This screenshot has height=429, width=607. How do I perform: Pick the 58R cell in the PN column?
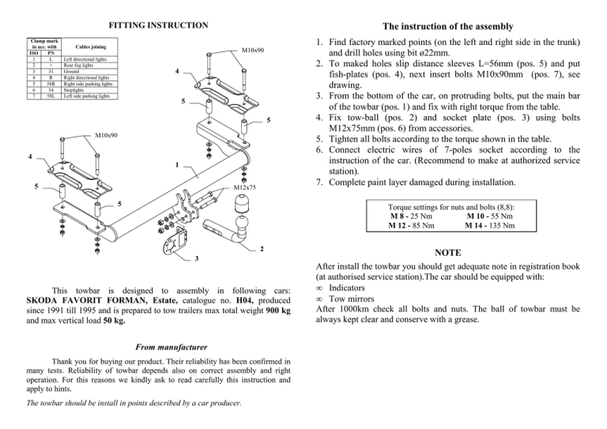coord(50,84)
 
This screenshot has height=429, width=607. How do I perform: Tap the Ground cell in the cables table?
coord(72,72)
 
